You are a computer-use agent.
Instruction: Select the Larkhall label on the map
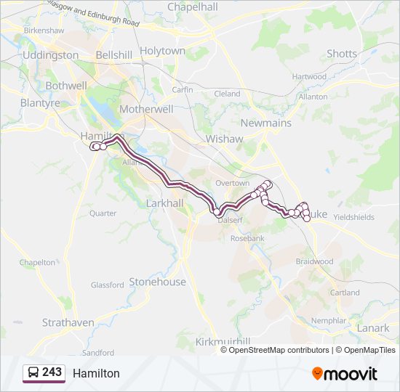pos(165,203)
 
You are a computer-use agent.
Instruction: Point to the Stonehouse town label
pos(157,282)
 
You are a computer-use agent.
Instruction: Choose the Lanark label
pos(374,328)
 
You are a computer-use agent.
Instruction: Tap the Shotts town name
pos(342,54)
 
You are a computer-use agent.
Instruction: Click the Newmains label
pos(265,123)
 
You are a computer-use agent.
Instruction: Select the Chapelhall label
pos(193,7)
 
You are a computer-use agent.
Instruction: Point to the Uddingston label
pos(50,55)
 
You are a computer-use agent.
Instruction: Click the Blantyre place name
pos(41,103)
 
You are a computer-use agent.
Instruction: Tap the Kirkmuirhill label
pos(223,341)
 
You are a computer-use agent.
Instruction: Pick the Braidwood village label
pos(314,261)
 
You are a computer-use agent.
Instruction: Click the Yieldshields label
pos(353,217)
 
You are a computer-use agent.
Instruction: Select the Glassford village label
pos(108,285)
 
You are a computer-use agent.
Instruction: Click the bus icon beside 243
pos(33,373)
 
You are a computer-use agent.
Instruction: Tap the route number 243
pos(52,372)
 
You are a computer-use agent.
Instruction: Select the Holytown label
pos(163,51)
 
